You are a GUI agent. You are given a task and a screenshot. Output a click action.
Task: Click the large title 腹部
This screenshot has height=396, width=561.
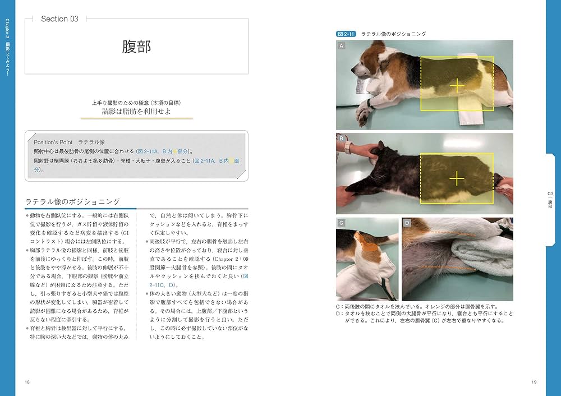pos(136,47)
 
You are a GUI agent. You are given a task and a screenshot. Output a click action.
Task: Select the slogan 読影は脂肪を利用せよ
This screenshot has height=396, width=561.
pos(136,112)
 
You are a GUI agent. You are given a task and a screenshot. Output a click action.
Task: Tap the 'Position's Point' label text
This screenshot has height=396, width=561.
pos(53,142)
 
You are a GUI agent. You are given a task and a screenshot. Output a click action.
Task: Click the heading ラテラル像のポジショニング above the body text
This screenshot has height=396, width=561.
pos(73,201)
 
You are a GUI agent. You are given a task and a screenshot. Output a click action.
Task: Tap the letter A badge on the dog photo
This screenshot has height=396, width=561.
pos(341,47)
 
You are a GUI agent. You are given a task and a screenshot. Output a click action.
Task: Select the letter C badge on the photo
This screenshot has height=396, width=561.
pos(341,223)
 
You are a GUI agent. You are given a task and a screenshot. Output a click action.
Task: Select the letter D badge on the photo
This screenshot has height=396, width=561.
pos(407,223)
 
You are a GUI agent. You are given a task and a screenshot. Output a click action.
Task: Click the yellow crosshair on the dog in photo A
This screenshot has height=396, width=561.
pos(458,85)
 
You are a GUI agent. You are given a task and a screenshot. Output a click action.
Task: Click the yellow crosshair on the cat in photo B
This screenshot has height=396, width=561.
pos(458,179)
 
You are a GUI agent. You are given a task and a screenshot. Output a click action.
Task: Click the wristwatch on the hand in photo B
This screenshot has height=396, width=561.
pos(348,148)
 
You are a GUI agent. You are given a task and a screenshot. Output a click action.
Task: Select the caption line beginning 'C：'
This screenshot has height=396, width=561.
pos(412,307)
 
